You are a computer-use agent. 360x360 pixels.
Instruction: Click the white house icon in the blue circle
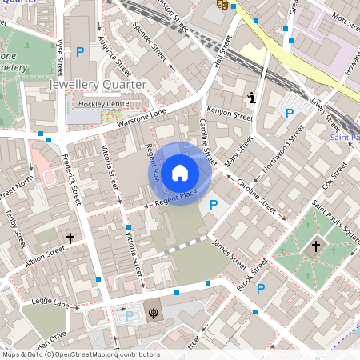point(180,173)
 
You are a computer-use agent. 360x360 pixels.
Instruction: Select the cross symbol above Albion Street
point(70,238)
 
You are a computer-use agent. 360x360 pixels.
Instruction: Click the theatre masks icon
point(223,5)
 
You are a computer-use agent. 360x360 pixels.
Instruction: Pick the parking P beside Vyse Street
point(79,52)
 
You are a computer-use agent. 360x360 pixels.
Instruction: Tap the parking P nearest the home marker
point(213,206)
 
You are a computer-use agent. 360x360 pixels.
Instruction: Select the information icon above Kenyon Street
point(252,98)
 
